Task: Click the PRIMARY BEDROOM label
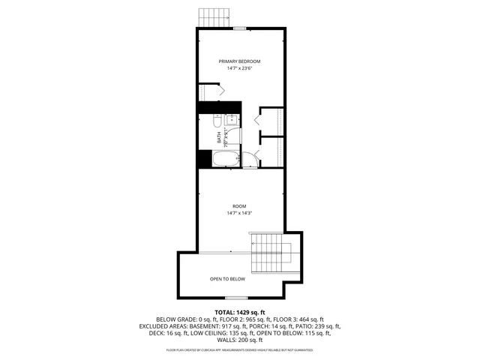pos(239,61)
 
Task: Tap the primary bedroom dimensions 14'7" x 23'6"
pos(239,68)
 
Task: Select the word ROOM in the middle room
pos(239,205)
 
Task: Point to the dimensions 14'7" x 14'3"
pos(239,213)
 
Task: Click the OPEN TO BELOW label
pos(227,279)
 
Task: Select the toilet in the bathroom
pos(216,121)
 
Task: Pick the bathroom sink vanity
pos(232,120)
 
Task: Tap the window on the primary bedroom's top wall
pos(239,28)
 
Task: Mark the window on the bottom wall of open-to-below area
pos(237,298)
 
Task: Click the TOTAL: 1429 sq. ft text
pos(240,312)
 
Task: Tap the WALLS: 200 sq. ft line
pos(240,339)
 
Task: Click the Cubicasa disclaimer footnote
pos(240,349)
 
